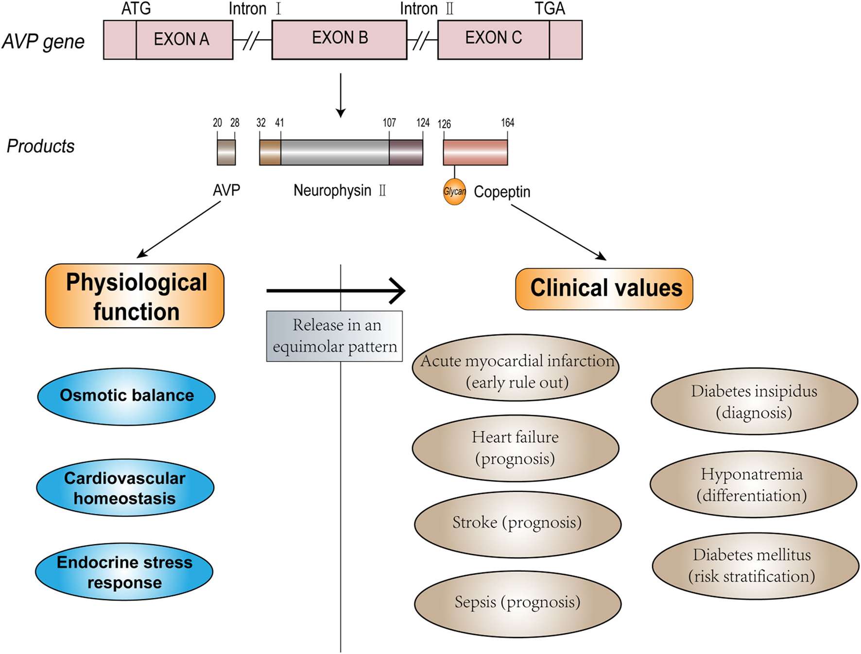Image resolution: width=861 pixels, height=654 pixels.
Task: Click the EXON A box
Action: [181, 39]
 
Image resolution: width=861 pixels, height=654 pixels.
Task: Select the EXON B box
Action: [339, 39]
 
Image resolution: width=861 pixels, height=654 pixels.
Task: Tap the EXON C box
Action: [494, 39]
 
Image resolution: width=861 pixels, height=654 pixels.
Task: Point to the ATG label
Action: [136, 9]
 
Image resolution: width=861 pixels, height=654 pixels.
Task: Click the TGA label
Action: [550, 9]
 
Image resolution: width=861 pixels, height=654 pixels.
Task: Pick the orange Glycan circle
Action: [454, 192]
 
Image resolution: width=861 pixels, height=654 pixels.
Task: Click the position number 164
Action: [507, 123]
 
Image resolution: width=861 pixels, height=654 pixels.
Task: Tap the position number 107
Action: [389, 123]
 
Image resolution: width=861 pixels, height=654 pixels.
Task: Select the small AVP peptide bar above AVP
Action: [226, 152]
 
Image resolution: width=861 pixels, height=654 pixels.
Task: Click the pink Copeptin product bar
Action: [475, 152]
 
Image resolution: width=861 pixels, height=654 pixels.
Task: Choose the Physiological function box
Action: [135, 296]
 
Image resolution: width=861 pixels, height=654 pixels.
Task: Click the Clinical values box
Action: [604, 289]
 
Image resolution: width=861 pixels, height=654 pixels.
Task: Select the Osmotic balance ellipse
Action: [126, 396]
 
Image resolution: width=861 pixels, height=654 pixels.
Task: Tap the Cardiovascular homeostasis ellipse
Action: [125, 487]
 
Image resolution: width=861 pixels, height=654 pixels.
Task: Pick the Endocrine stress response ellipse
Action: [124, 571]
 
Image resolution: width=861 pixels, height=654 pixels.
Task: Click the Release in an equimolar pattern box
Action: [334, 336]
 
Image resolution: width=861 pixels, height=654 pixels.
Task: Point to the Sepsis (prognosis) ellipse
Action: [517, 603]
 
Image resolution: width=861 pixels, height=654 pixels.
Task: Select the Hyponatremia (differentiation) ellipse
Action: [753, 485]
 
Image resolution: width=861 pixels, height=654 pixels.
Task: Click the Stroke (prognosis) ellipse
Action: [517, 523]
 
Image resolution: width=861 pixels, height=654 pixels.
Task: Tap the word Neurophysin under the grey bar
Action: [332, 190]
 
